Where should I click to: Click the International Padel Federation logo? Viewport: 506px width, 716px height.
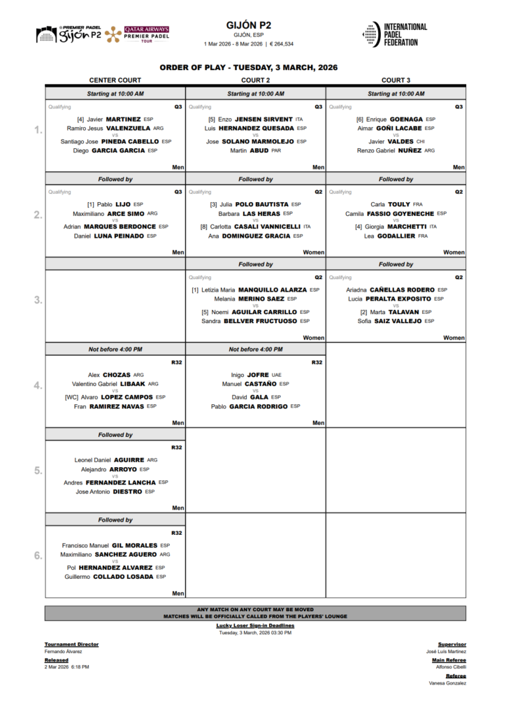point(395,34)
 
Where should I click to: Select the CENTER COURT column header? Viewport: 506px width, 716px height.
point(115,80)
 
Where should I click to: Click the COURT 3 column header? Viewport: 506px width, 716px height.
point(396,80)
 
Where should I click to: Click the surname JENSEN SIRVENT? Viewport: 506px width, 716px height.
point(263,120)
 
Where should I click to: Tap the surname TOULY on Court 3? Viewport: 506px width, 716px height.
point(398,204)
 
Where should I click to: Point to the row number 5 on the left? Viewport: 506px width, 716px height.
point(38,471)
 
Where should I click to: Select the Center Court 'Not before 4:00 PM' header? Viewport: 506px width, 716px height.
point(115,349)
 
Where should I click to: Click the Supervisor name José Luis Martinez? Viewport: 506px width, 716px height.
point(446,651)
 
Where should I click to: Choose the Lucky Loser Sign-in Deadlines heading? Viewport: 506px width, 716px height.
point(255,625)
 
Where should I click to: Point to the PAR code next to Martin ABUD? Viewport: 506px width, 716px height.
point(276,150)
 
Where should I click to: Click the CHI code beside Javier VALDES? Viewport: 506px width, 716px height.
point(421,141)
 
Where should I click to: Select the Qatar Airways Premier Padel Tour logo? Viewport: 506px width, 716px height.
point(146,34)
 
